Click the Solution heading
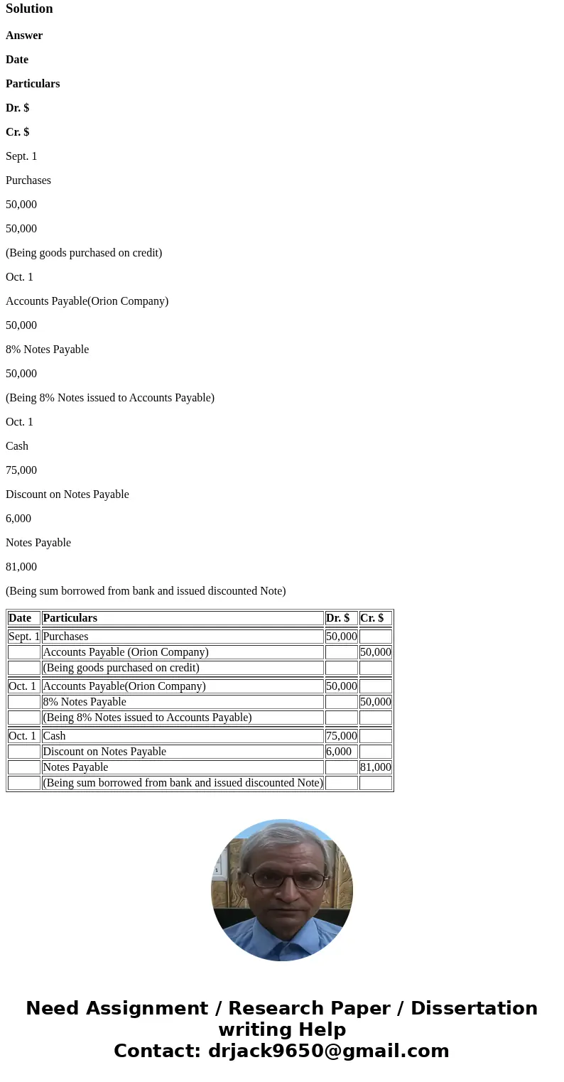pos(29,9)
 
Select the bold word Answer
pos(24,36)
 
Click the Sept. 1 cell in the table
pos(24,637)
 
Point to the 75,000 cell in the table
pos(342,736)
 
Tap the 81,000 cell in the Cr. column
pos(376,767)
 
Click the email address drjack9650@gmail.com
pos(328,1051)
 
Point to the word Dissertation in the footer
pos(474,1009)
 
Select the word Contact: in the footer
pos(157,1051)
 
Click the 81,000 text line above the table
pos(21,567)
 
